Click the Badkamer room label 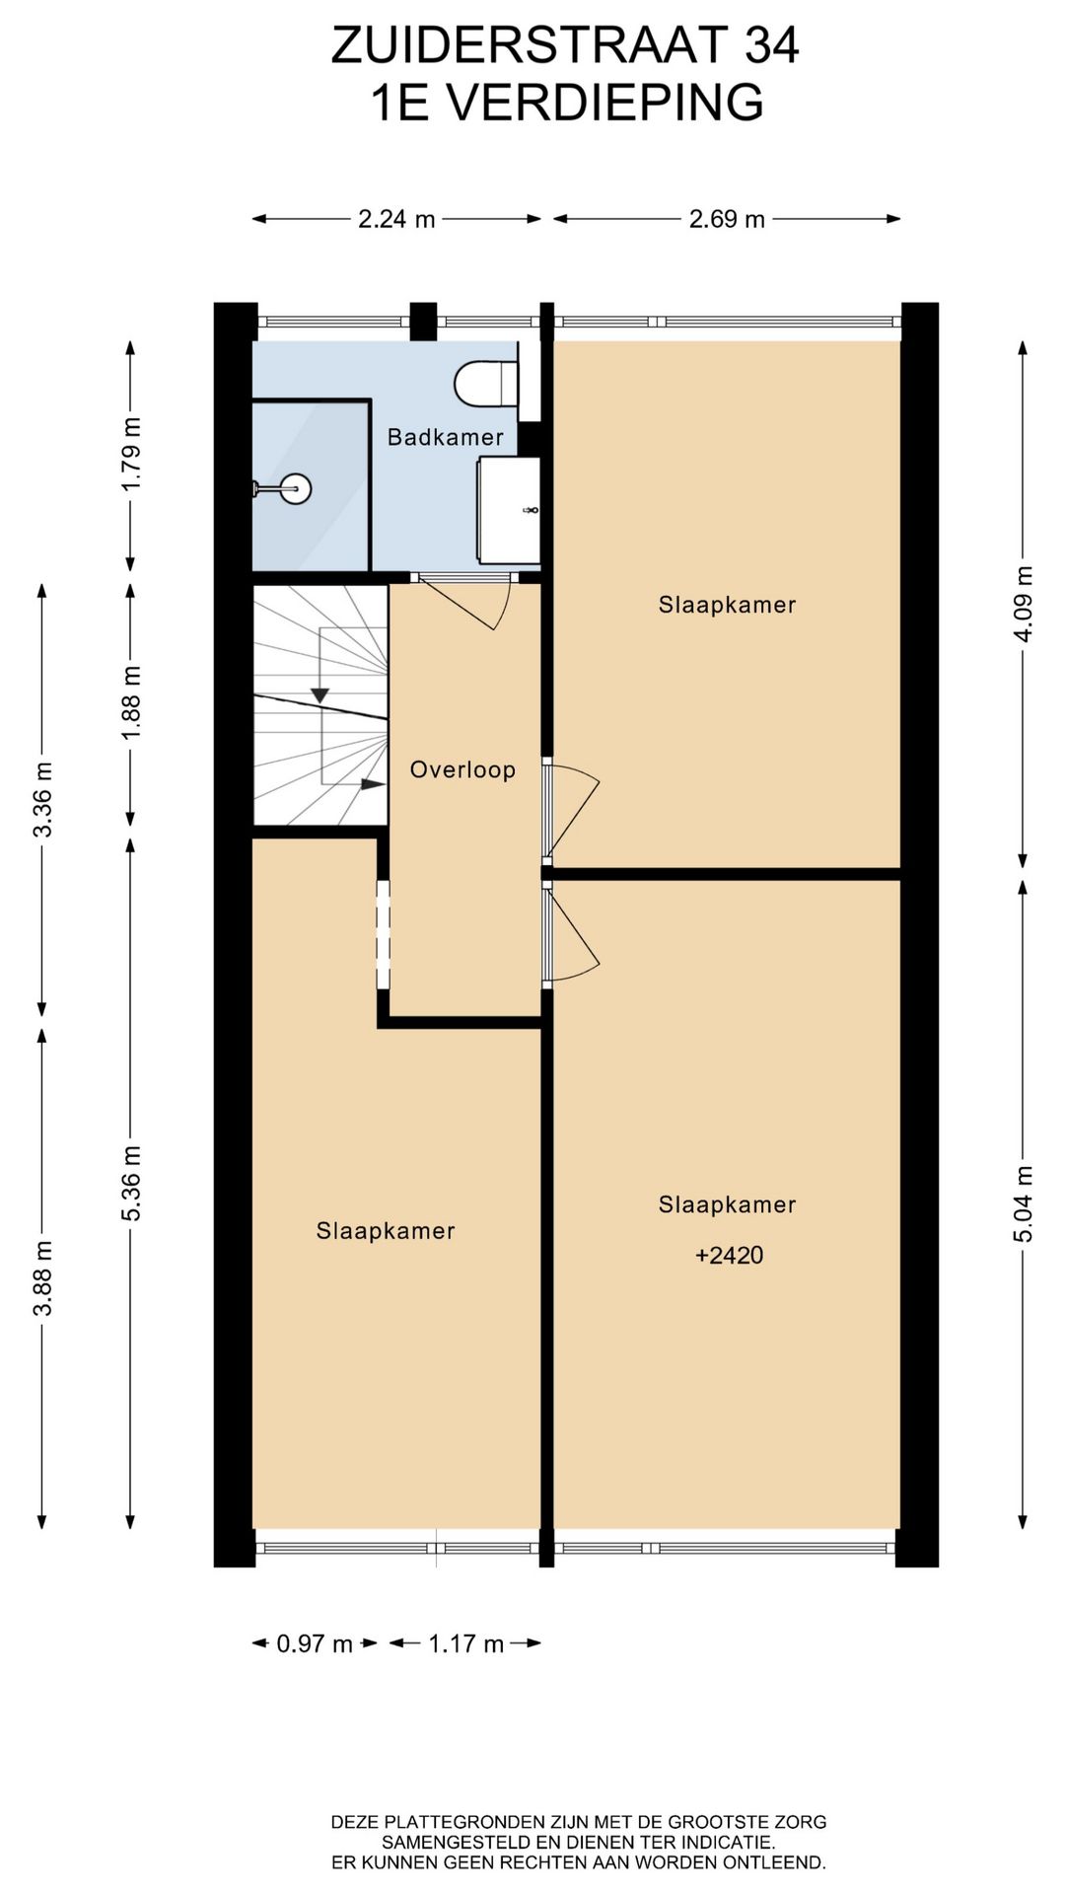click(x=445, y=437)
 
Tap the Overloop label click(x=462, y=769)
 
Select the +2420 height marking click(x=730, y=1255)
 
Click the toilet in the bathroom click(x=486, y=383)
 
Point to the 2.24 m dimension click(x=396, y=219)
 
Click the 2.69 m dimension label click(x=727, y=219)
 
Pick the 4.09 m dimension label click(x=1024, y=604)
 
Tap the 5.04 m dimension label click(x=1024, y=1203)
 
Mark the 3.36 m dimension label click(x=42, y=799)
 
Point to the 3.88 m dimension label click(x=42, y=1278)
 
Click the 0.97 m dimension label click(x=315, y=1643)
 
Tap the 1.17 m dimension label click(x=465, y=1643)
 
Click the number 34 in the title click(x=771, y=45)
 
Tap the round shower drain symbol click(x=295, y=487)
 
